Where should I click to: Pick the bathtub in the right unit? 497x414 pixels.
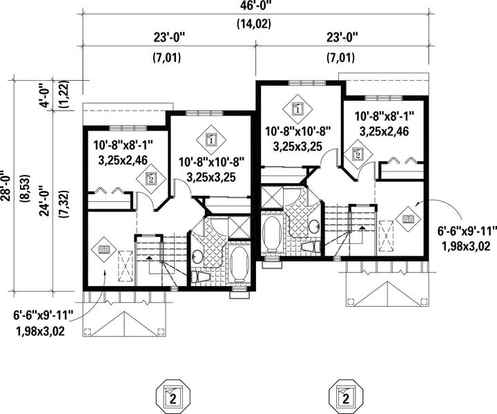[x=272, y=234]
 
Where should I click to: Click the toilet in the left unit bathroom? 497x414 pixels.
[x=200, y=277]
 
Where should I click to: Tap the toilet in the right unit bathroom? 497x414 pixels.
[x=311, y=247]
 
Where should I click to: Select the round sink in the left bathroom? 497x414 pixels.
[x=197, y=256]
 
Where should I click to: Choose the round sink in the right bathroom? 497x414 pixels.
[x=315, y=226]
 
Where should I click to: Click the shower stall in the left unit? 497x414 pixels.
[x=240, y=227]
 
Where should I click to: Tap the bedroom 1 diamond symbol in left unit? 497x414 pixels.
[x=212, y=140]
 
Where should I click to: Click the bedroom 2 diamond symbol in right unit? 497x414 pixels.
[x=358, y=155]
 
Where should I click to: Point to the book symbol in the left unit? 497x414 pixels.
[x=104, y=250]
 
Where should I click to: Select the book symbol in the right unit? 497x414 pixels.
[x=408, y=218]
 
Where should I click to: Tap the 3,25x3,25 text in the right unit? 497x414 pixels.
[x=298, y=146]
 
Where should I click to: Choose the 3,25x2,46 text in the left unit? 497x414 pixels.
[x=123, y=160]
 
